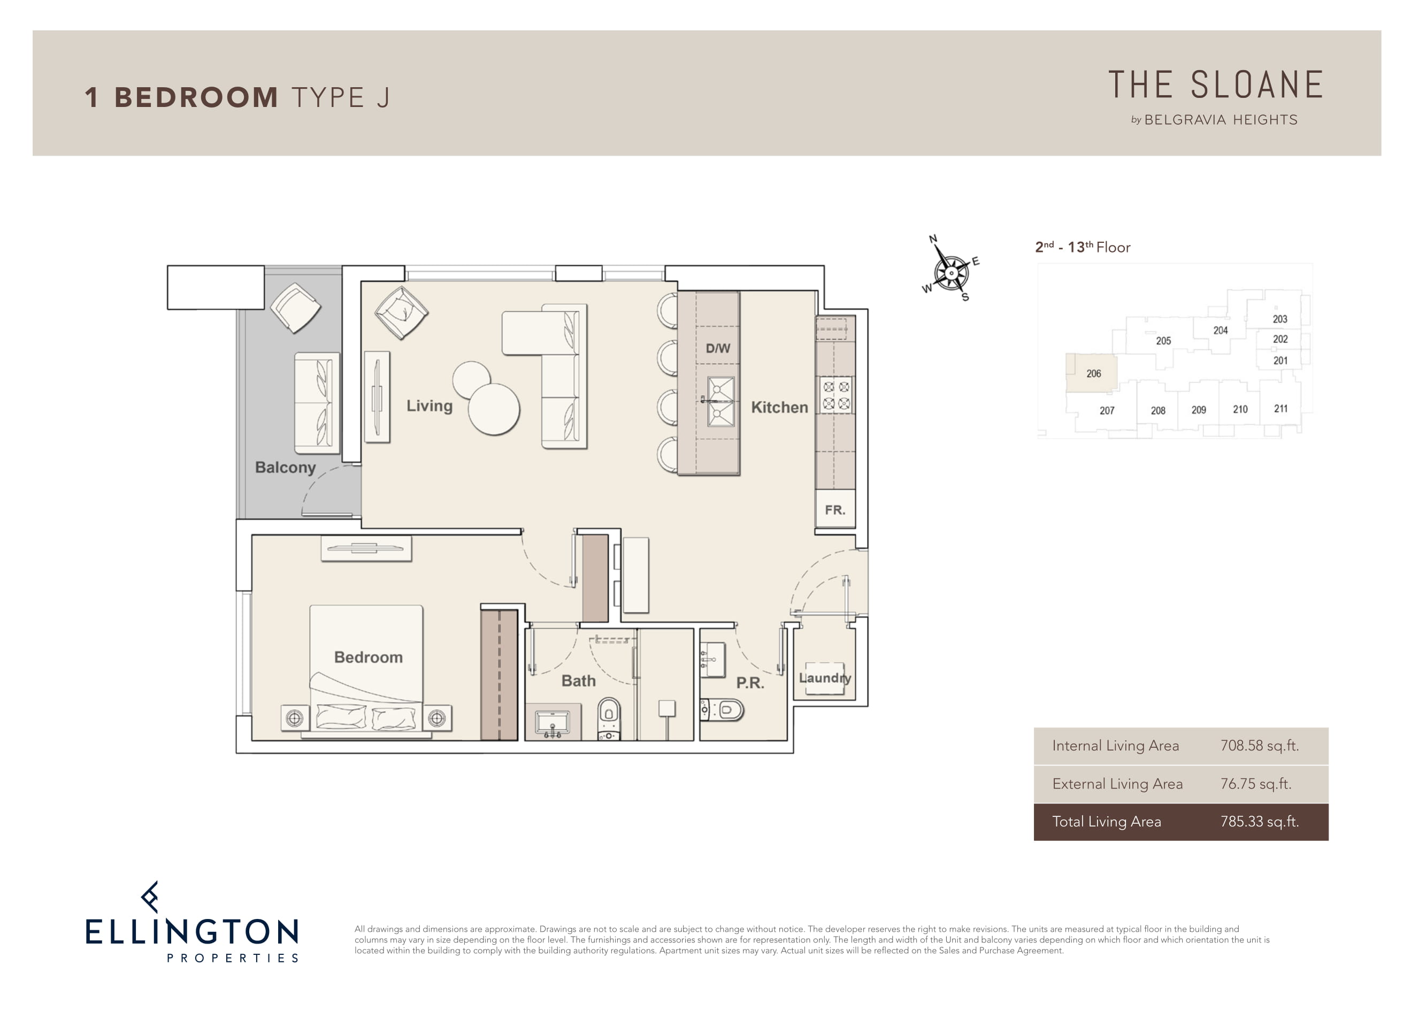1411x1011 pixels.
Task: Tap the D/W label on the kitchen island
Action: click(x=717, y=348)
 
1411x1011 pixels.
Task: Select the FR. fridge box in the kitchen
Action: click(x=835, y=510)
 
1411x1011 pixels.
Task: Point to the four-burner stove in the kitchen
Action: click(x=836, y=395)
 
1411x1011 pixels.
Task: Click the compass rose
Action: click(x=950, y=272)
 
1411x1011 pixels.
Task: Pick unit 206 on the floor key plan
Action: click(x=1093, y=373)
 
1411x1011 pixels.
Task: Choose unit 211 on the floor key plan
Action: click(x=1280, y=409)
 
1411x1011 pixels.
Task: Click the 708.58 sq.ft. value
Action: click(x=1259, y=745)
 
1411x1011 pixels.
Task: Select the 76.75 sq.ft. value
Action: click(x=1255, y=784)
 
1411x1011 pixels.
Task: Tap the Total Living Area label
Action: click(x=1106, y=822)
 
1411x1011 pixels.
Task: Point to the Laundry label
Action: click(x=825, y=678)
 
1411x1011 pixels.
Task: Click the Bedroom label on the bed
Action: click(x=369, y=657)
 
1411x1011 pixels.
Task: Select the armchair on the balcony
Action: click(x=295, y=308)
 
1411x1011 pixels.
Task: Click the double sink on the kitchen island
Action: click(x=720, y=402)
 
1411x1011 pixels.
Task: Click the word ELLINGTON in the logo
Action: click(x=191, y=932)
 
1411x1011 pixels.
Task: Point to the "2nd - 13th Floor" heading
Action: click(x=1083, y=247)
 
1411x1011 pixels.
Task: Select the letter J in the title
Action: click(x=382, y=98)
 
